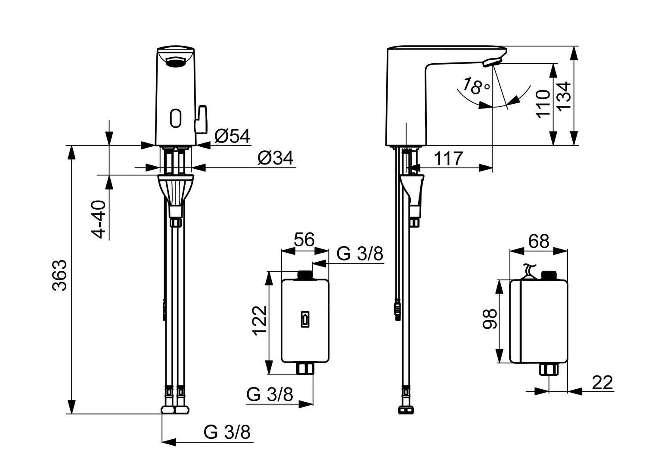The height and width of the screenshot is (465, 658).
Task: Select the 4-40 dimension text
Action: (x=99, y=219)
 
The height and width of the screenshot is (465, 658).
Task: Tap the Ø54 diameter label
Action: (x=233, y=136)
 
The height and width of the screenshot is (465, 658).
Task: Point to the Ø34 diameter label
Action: (x=275, y=158)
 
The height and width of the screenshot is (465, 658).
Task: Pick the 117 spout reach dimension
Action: (x=448, y=159)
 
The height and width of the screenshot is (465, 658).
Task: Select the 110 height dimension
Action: (x=543, y=103)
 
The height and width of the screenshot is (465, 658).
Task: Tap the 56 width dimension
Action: (x=304, y=240)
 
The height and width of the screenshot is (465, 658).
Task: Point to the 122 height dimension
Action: (x=260, y=321)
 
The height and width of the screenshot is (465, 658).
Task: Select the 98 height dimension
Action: (x=490, y=319)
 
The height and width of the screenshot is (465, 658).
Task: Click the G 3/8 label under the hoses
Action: (x=227, y=432)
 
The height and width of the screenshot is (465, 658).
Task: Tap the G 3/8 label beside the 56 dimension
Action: (x=360, y=254)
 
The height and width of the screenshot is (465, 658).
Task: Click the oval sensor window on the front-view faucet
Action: (x=176, y=118)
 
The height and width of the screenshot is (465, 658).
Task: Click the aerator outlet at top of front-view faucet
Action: (x=176, y=63)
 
